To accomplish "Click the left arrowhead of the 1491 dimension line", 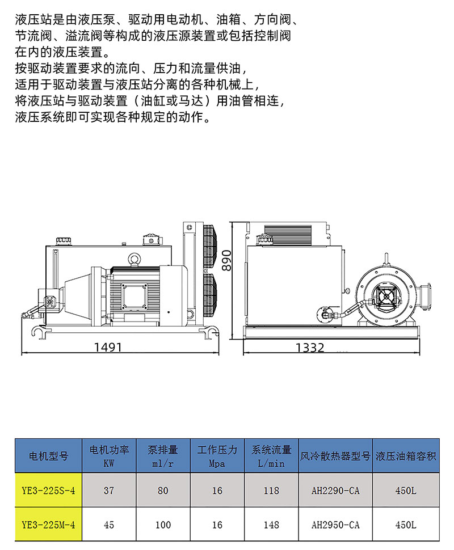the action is pyautogui.click(x=22, y=353).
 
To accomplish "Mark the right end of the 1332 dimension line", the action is pyautogui.click(x=419, y=353).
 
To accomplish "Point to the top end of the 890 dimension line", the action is pyautogui.click(x=232, y=222).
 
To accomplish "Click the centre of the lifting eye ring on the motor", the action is pyautogui.click(x=134, y=259).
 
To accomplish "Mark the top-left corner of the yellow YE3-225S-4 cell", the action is pyautogui.click(x=15, y=472).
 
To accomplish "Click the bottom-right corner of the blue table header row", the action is pyautogui.click(x=439, y=472).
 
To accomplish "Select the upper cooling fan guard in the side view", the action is pyautogui.click(x=209, y=246).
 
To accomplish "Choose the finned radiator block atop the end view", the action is pyautogui.click(x=288, y=235).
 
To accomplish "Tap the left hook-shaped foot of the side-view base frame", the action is pyautogui.click(x=40, y=332).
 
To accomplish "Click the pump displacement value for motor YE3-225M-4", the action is pyautogui.click(x=163, y=524).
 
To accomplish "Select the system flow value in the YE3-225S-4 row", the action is pyautogui.click(x=271, y=490).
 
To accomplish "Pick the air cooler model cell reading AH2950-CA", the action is pyautogui.click(x=335, y=524).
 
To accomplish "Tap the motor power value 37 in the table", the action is pyautogui.click(x=109, y=490).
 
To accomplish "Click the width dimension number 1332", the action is pyautogui.click(x=310, y=348).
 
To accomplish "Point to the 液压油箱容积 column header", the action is pyautogui.click(x=406, y=456).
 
